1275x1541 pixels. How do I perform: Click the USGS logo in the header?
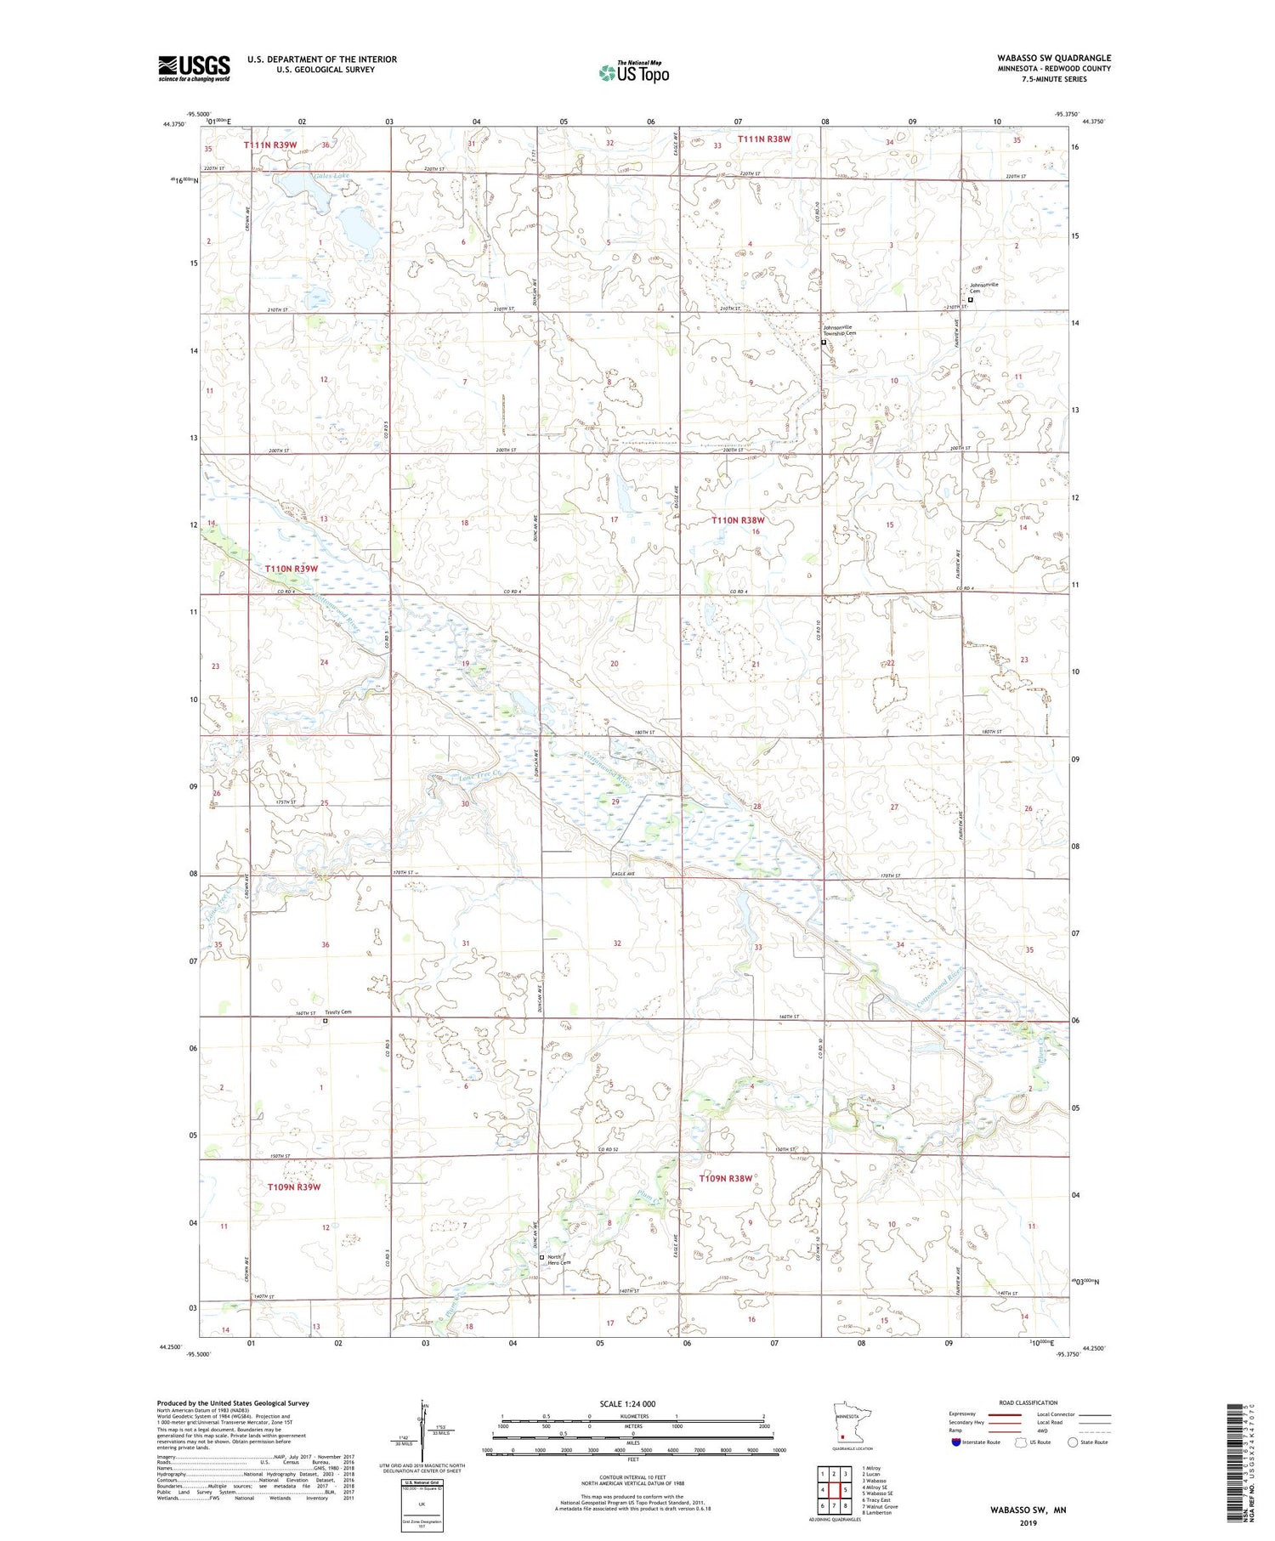click(194, 68)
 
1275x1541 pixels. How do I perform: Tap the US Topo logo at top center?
click(634, 72)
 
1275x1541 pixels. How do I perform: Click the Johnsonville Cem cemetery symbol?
click(972, 299)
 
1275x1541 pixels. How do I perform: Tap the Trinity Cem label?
click(337, 1012)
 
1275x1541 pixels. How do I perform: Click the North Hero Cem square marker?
click(542, 1257)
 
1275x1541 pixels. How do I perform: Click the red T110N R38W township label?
click(738, 520)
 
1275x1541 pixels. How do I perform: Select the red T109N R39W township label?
click(293, 1187)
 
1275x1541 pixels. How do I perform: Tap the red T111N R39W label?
click(270, 145)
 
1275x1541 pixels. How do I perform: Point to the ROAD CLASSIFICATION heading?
click(1028, 1402)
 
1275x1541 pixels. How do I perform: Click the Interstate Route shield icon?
click(956, 1442)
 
